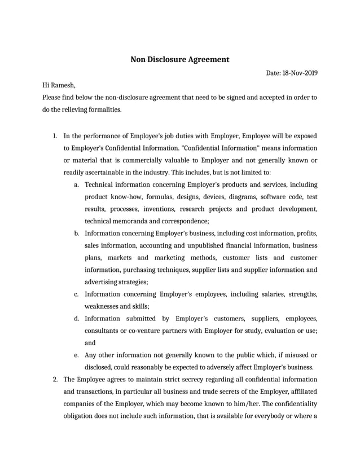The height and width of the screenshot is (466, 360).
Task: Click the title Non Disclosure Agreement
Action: pyautogui.click(x=180, y=59)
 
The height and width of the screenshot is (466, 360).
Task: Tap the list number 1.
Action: pyautogui.click(x=55, y=136)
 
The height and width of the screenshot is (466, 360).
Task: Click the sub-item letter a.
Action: pyautogui.click(x=76, y=184)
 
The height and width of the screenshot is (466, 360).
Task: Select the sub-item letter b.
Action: pyautogui.click(x=76, y=233)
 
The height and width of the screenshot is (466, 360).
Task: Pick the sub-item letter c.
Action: pyautogui.click(x=76, y=294)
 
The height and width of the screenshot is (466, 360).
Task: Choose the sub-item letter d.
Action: pyautogui.click(x=76, y=318)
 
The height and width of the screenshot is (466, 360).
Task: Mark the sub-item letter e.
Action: pyautogui.click(x=76, y=355)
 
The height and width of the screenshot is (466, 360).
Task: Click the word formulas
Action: pyautogui.click(x=159, y=197)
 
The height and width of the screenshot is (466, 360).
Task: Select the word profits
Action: pyautogui.click(x=305, y=233)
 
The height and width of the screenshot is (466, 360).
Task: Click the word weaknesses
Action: pyautogui.click(x=102, y=306)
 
